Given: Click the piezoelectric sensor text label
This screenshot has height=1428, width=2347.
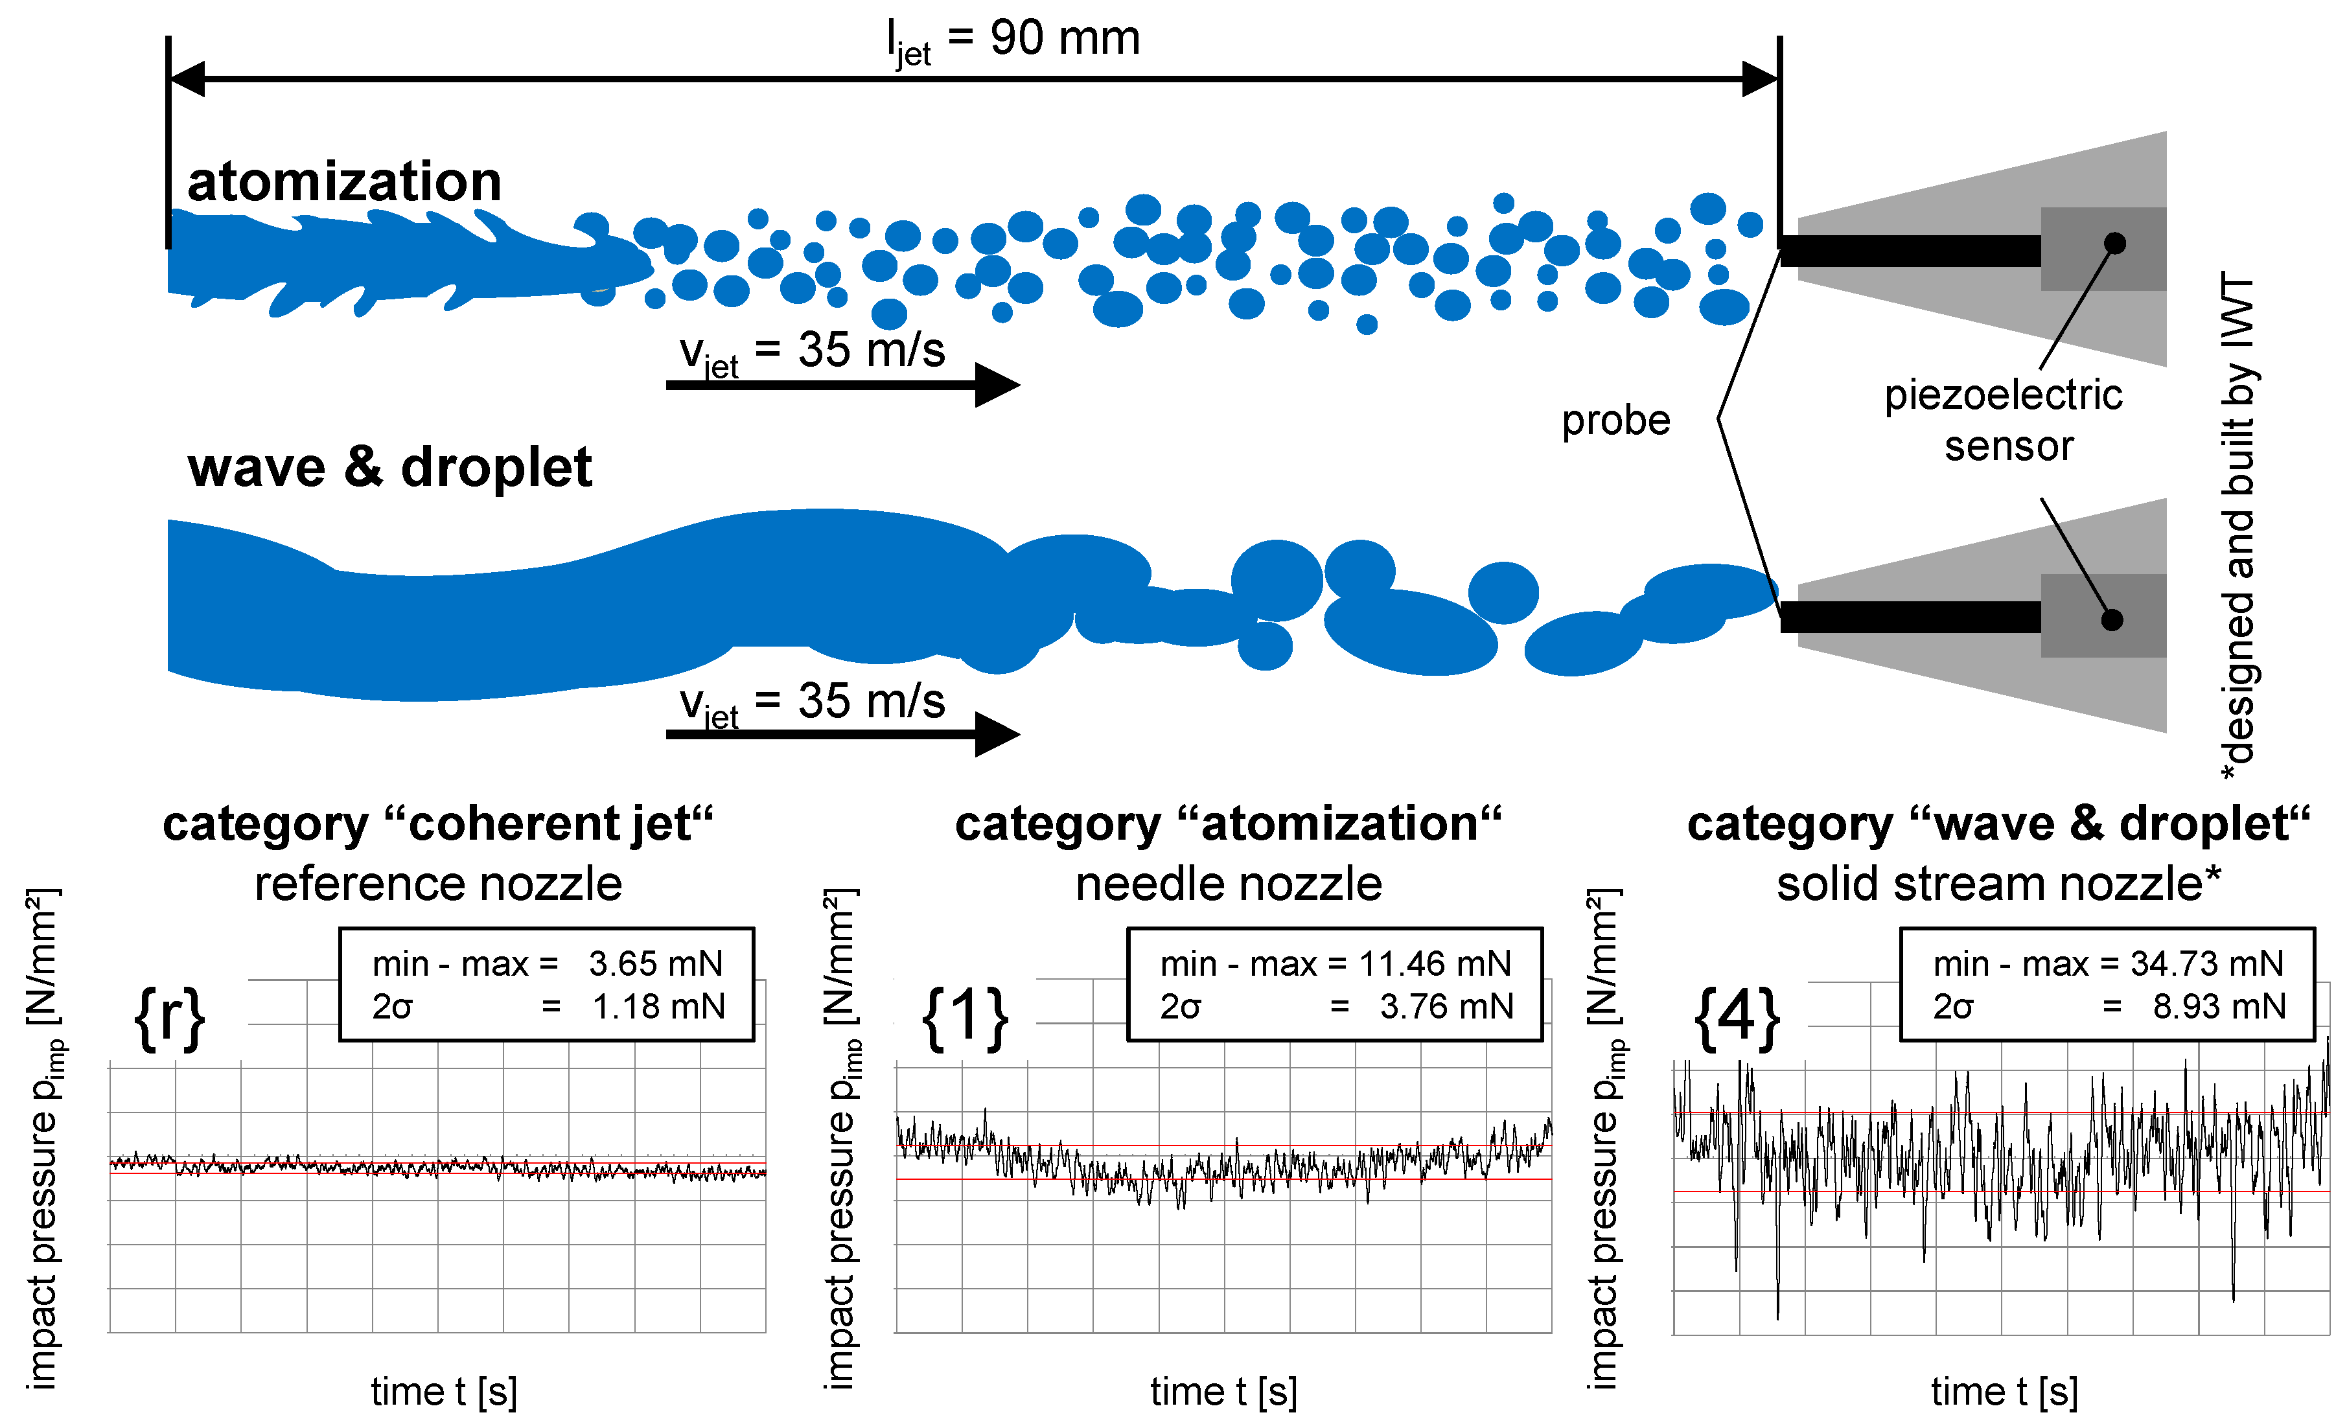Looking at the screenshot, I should (x=2004, y=420).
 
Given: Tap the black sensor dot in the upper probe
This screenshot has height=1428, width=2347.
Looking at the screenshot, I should (x=2114, y=243).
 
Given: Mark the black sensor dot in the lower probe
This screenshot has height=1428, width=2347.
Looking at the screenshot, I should (x=2112, y=620).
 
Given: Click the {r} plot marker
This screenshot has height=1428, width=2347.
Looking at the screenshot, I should (x=170, y=1017).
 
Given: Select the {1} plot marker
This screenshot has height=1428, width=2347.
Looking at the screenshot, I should (x=965, y=1017).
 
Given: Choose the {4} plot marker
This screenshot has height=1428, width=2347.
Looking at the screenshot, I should (x=1737, y=1017).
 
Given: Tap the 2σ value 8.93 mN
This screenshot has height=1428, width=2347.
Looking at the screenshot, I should (x=2219, y=1006).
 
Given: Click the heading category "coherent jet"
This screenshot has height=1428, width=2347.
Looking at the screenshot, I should (x=438, y=824).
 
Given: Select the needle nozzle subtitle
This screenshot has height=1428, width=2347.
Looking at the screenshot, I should (x=1229, y=883).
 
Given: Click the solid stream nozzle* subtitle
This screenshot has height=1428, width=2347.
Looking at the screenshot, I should (x=1998, y=883).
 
